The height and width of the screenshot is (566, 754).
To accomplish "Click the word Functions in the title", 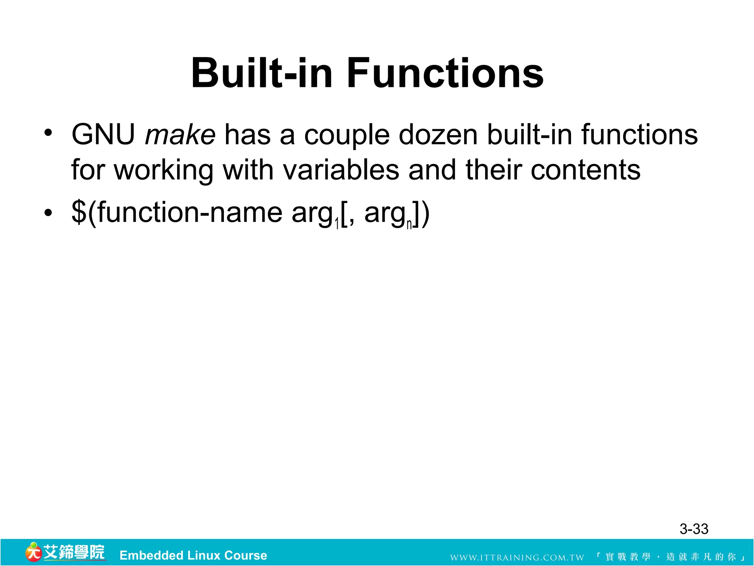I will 445,73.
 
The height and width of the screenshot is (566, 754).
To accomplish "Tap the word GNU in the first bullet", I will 103,135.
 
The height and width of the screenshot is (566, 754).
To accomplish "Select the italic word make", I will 180,135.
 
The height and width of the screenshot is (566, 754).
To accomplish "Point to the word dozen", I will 438,135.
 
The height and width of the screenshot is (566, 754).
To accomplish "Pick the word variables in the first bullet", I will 341,170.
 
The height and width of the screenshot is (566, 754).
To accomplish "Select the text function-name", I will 190,212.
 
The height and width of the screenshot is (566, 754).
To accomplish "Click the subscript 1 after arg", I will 337,224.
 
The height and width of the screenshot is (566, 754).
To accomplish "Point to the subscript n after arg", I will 409,224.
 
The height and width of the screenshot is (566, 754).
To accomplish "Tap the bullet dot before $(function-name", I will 48,213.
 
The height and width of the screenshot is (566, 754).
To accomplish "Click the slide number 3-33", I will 694,529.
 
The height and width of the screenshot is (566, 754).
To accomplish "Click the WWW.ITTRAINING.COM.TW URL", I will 517,558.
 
